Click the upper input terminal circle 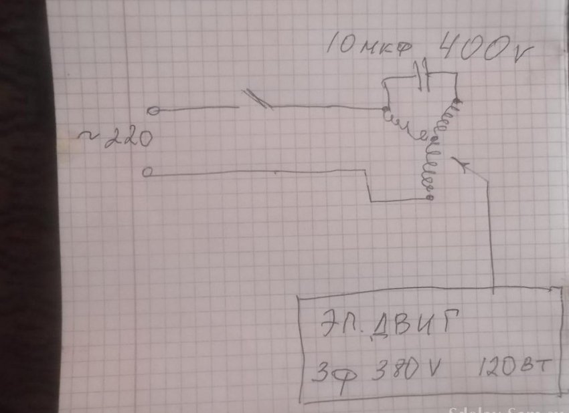coord(153,110)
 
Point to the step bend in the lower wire coord(370,187)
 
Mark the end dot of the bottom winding coord(429,198)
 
